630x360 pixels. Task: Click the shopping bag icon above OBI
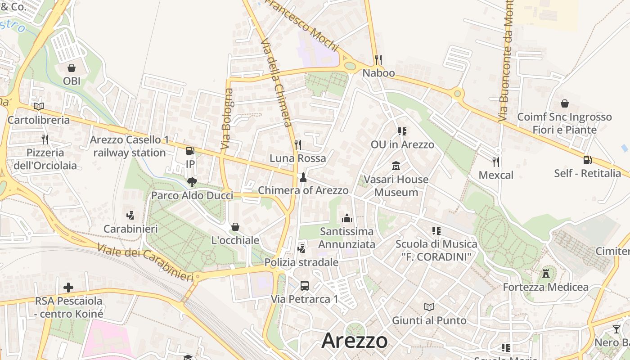point(71,68)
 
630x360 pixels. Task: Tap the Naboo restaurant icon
point(378,59)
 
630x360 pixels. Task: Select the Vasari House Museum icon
point(396,166)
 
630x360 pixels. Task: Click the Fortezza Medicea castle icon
point(546,273)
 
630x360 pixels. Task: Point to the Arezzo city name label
point(355,341)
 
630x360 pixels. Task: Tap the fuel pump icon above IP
point(190,151)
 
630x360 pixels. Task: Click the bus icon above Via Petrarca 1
point(305,285)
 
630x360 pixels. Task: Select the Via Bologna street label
point(227,119)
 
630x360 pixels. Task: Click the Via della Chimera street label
point(277,83)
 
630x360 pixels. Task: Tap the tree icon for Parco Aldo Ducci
point(192,182)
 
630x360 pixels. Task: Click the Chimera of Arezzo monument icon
point(303,177)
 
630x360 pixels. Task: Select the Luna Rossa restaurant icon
point(297,144)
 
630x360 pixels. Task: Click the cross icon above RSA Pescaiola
point(68,287)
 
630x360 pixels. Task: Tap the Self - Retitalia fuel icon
point(587,160)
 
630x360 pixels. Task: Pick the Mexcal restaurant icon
point(496,162)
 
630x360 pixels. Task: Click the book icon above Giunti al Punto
point(429,307)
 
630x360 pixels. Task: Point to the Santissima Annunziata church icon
point(347,218)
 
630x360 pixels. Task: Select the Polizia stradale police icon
point(301,248)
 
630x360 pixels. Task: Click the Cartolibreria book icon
point(39,107)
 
